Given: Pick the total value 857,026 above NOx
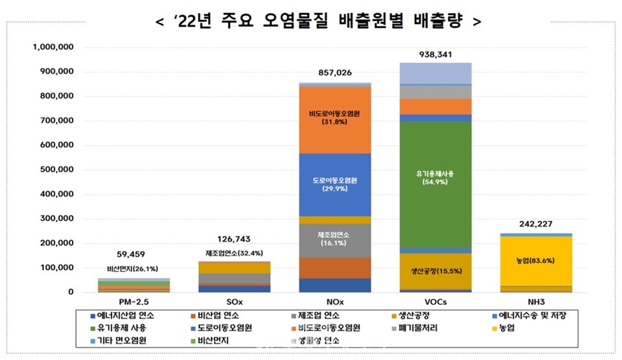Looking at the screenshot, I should tap(334, 73).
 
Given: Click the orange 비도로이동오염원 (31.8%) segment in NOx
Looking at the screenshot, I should tap(335, 120).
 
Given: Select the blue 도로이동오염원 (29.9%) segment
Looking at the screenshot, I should tap(335, 185).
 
